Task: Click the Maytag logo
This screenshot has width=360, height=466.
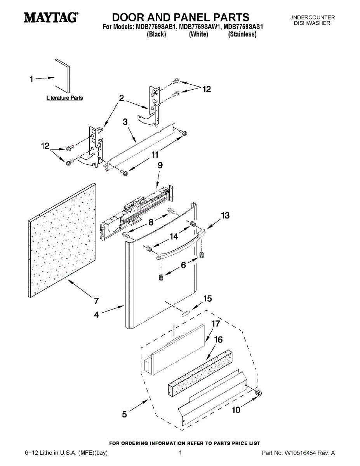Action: pyautogui.click(x=51, y=17)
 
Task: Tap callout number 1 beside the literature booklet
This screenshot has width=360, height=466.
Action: pyautogui.click(x=31, y=79)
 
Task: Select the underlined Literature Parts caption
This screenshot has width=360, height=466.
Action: pyautogui.click(x=64, y=98)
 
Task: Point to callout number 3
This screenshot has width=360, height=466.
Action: pyautogui.click(x=125, y=122)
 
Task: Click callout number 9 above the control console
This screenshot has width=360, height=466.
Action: pyautogui.click(x=160, y=165)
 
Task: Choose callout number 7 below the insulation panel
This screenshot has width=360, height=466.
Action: pyautogui.click(x=96, y=301)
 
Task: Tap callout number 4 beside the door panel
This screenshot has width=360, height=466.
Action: pyautogui.click(x=96, y=315)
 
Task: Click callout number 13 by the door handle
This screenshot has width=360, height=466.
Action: pyautogui.click(x=225, y=215)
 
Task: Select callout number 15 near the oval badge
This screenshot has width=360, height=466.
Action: pyautogui.click(x=207, y=299)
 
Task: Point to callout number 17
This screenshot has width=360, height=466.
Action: pyautogui.click(x=216, y=323)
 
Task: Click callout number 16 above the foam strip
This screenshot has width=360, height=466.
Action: pyautogui.click(x=218, y=339)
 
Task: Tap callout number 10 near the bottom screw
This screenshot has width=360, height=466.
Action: pyautogui.click(x=236, y=410)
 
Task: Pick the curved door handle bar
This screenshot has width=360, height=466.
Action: pyautogui.click(x=181, y=245)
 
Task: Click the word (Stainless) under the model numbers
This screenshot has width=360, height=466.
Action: pyautogui.click(x=242, y=34)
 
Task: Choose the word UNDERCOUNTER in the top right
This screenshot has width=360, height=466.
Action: pyautogui.click(x=312, y=17)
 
